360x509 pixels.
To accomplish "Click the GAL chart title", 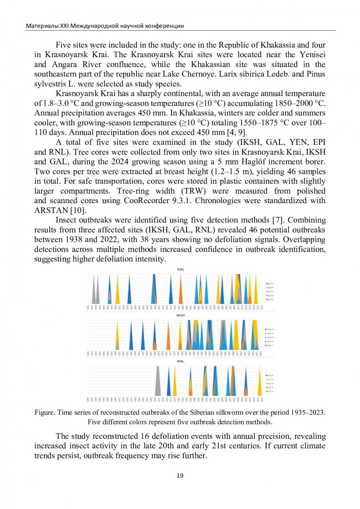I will (x=180, y=269).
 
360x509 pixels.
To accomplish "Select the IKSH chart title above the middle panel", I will (x=180, y=315).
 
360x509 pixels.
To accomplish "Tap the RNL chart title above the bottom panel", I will (x=180, y=361).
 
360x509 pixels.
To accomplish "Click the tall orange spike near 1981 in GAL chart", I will (x=180, y=292).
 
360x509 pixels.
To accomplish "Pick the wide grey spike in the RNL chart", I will (x=159, y=382).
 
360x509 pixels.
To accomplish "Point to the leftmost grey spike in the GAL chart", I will (x=94, y=290).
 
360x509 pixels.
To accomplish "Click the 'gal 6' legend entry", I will (x=270, y=283).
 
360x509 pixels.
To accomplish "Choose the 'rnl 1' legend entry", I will (x=270, y=392).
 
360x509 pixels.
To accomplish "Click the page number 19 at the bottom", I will (x=180, y=476).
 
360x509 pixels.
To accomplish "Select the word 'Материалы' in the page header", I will (x=41, y=25).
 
